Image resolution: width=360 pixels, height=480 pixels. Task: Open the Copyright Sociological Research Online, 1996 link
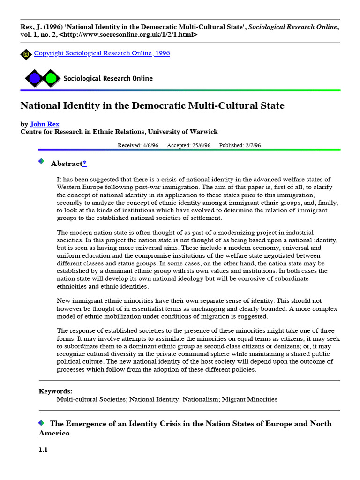102,53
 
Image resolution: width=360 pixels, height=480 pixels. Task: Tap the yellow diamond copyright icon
26,54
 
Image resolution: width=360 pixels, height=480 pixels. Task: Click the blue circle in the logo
34,78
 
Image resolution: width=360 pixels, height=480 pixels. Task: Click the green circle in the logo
51,78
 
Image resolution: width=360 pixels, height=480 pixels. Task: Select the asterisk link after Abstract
84,164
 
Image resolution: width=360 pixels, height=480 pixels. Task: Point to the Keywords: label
55,391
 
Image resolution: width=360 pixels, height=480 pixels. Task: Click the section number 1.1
43,450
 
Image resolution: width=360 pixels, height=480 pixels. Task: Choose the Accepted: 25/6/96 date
189,145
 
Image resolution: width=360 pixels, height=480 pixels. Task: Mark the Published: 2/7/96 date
240,145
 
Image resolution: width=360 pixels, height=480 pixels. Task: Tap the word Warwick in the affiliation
204,132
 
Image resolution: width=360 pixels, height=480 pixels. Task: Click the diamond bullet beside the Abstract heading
41,161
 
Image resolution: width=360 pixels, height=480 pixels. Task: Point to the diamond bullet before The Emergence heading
41,423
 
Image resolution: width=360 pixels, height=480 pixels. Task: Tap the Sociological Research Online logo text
108,78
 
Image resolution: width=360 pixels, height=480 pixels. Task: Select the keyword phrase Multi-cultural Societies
91,399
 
